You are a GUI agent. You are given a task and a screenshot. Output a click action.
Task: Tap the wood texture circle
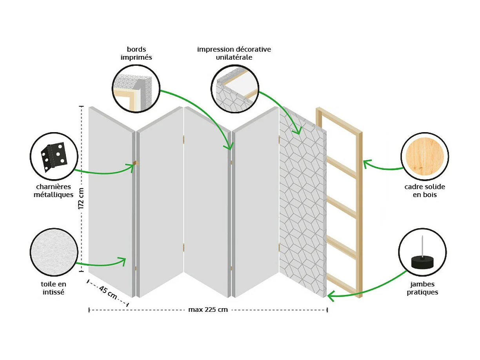[x=425, y=156]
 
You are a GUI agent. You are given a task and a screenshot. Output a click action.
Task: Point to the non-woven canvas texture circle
[x=54, y=251]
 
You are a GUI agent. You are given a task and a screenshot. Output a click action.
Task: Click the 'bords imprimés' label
[x=136, y=53]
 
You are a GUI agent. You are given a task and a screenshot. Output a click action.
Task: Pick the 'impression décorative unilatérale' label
[x=234, y=53]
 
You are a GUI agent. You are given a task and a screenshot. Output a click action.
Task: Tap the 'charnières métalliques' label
[x=53, y=191]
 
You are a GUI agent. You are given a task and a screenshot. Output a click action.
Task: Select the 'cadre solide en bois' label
[x=425, y=191]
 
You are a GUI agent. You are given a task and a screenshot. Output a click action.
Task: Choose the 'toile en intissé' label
[x=54, y=287]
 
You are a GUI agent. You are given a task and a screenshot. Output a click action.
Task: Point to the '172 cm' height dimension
[x=81, y=199]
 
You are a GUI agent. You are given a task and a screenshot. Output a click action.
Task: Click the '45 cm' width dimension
[x=108, y=293]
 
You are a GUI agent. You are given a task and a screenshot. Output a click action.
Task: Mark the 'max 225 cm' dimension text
[x=208, y=309]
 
